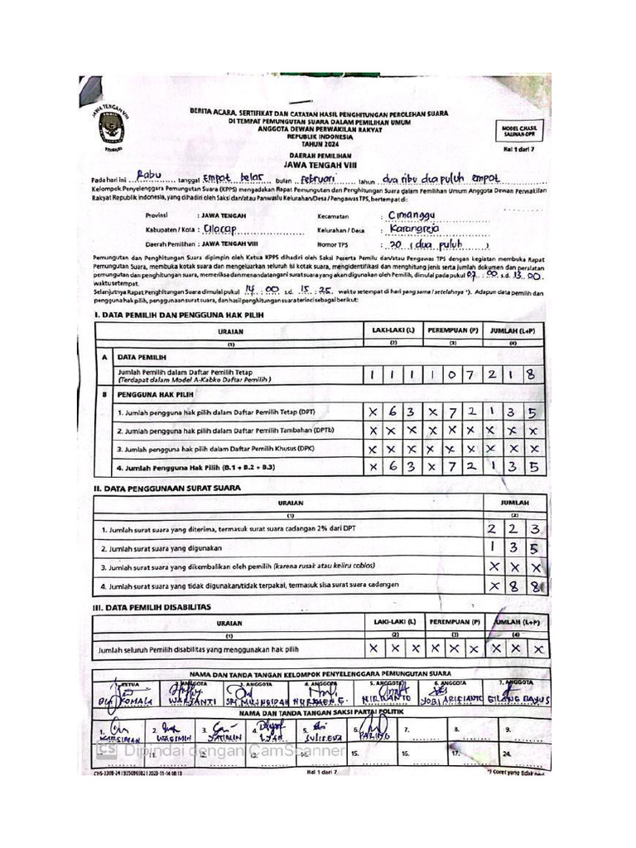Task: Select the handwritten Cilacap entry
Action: click(x=220, y=230)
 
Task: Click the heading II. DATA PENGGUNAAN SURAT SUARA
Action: click(x=166, y=488)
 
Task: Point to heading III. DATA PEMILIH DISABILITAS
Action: click(x=152, y=607)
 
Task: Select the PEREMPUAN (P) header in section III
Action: click(x=453, y=621)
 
